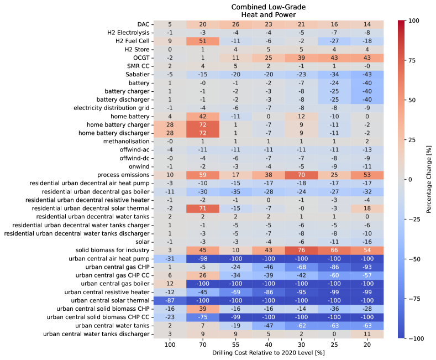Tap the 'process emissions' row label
pos(124,174)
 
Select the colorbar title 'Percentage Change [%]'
pos(429,179)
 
